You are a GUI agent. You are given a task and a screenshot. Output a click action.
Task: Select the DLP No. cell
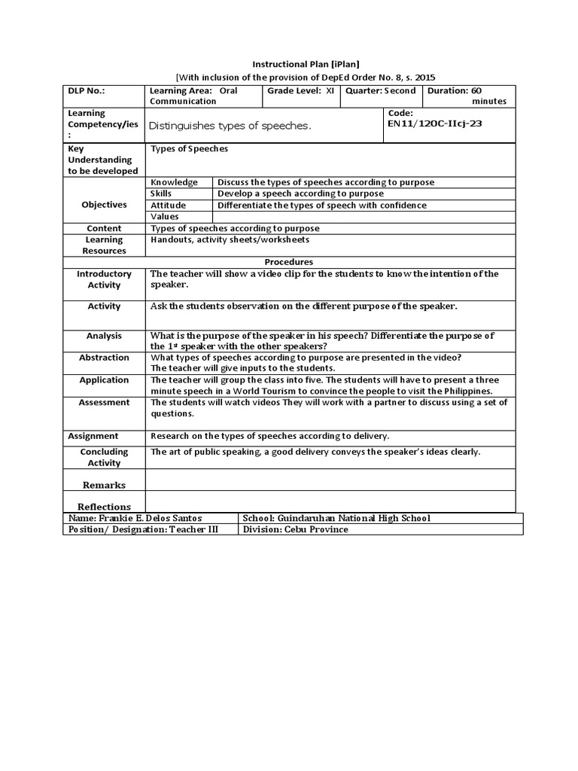(x=87, y=90)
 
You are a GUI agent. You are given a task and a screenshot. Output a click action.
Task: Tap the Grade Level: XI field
(x=300, y=90)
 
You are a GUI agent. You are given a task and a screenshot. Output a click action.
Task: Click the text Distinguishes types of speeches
(x=230, y=126)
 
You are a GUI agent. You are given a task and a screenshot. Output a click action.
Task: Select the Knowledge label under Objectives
(x=174, y=182)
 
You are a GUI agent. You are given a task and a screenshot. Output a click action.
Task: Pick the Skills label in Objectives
(x=162, y=194)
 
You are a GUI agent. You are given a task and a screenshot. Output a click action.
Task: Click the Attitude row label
(x=168, y=205)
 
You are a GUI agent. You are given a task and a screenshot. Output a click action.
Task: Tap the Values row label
(x=165, y=216)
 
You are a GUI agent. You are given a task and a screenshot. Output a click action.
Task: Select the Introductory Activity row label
(x=104, y=279)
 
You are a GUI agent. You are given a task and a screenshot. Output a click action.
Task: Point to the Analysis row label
(x=104, y=336)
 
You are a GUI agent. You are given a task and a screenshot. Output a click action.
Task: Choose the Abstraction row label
(x=104, y=358)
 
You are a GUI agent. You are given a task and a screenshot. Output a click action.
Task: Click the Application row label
(x=104, y=380)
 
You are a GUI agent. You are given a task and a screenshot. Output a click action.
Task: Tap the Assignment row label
(x=93, y=436)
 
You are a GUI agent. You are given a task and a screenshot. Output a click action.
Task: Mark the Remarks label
(x=104, y=485)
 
